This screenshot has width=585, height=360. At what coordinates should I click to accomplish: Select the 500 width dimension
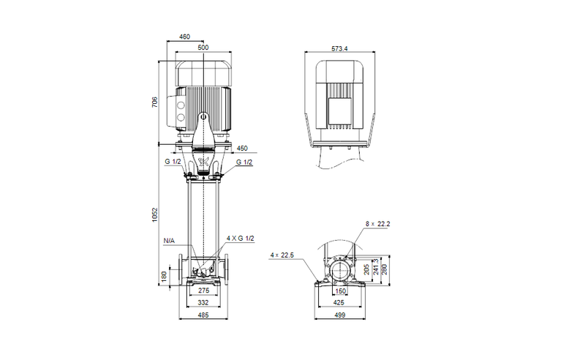point(203,47)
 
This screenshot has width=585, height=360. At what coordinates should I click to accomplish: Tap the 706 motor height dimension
point(154,102)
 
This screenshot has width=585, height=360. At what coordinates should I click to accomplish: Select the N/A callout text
point(169,239)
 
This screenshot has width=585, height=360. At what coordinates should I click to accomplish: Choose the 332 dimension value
point(204,302)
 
